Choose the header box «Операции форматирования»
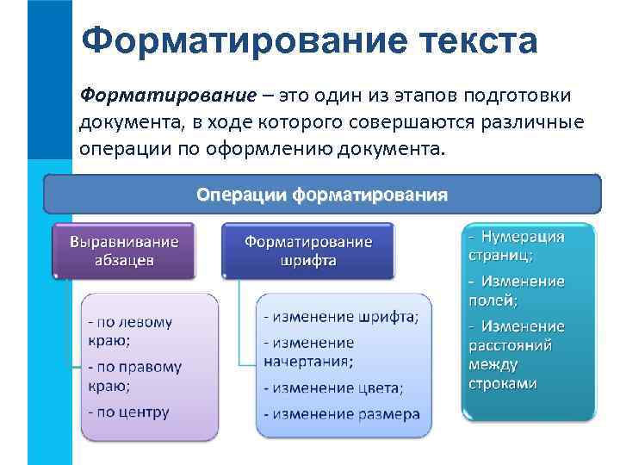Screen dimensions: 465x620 pyautogui.click(x=321, y=195)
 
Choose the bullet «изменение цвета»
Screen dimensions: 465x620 pyautogui.click(x=333, y=387)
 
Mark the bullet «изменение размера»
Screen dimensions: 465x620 pyautogui.click(x=342, y=414)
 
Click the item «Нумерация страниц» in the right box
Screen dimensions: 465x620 pyautogui.click(x=517, y=245)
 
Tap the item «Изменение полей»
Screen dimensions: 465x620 pyautogui.click(x=517, y=290)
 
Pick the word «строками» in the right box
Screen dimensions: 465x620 pyautogui.click(x=503, y=383)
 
